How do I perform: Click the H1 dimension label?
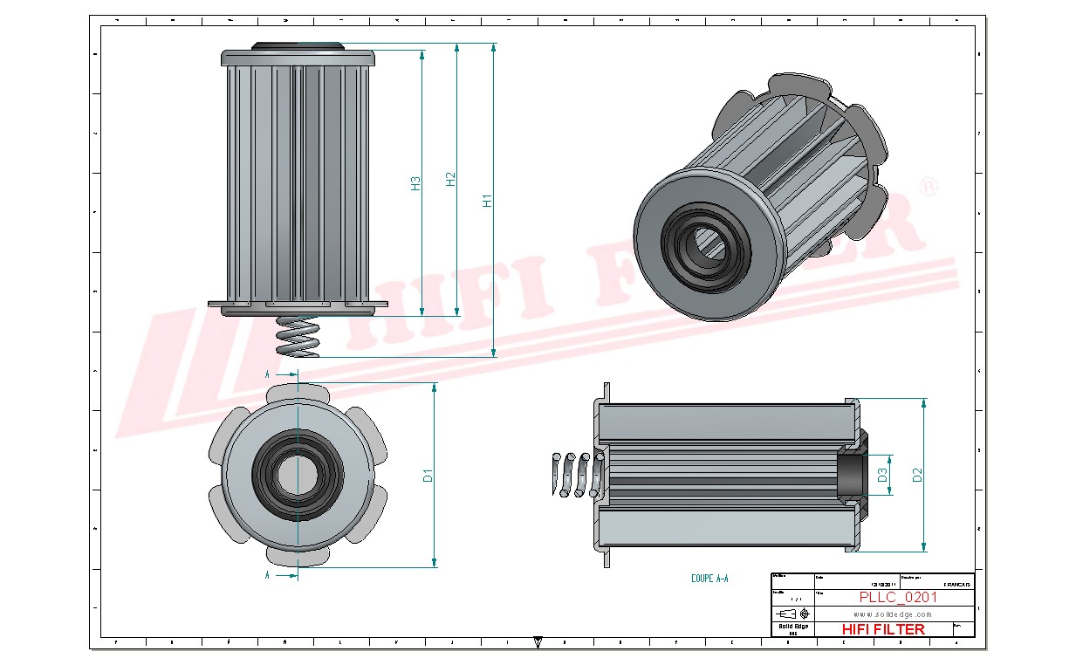488,200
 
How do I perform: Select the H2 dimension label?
450,179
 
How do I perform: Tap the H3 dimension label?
415,183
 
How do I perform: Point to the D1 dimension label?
428,476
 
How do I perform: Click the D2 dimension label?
916,475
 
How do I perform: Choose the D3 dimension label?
882,475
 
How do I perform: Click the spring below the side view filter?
298,336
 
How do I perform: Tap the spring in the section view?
577,475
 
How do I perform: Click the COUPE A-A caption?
709,579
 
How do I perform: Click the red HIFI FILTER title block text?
883,629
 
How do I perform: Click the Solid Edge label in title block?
792,627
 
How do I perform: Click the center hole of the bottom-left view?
297,475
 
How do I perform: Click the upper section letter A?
267,374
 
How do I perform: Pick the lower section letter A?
267,575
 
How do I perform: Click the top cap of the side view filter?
298,57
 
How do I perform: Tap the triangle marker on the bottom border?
538,643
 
